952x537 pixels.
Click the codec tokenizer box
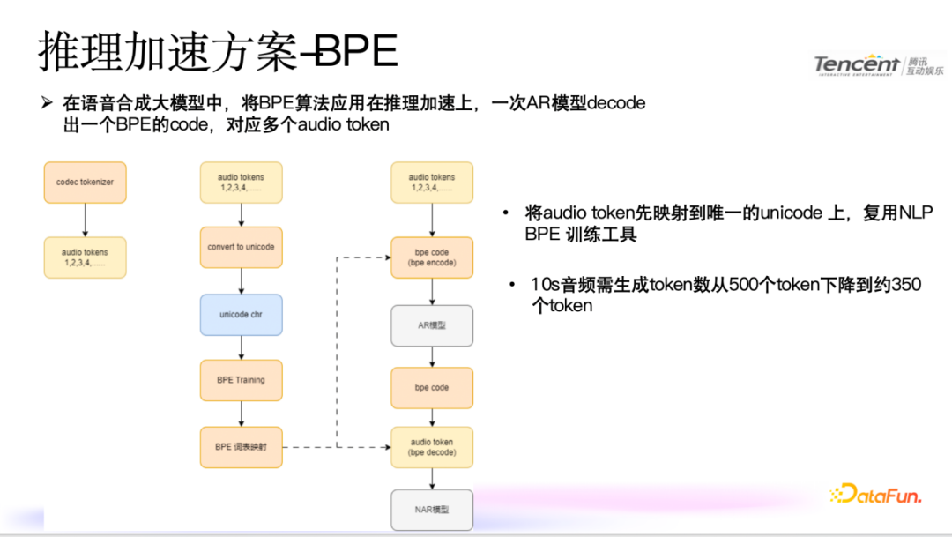[x=86, y=183]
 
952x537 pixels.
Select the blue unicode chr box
[x=242, y=315]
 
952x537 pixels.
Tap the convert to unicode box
[x=242, y=248]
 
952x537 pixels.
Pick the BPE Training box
[x=242, y=381]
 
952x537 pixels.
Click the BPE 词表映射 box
[x=242, y=447]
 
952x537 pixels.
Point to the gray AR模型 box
[x=432, y=325]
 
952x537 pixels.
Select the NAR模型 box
[x=432, y=510]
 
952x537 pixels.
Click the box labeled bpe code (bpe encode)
[x=432, y=257]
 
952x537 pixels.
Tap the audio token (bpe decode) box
[x=432, y=447]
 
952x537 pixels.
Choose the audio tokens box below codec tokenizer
[x=86, y=257]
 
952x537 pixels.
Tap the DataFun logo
[x=875, y=496]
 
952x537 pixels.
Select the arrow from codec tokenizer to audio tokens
[x=86, y=220]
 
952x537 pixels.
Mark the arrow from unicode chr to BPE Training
[x=242, y=347]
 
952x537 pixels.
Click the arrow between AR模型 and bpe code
[x=432, y=356]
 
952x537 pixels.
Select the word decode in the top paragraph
[x=616, y=103]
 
